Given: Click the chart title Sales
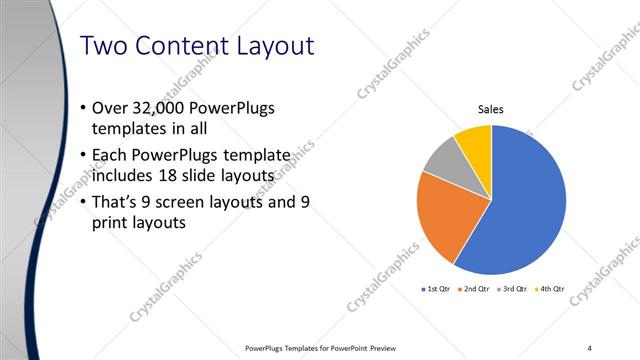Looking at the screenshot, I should point(490,110).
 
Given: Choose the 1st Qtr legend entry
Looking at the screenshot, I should point(437,289).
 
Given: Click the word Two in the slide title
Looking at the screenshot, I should point(102,46).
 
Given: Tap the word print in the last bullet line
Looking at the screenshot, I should point(110,224).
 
